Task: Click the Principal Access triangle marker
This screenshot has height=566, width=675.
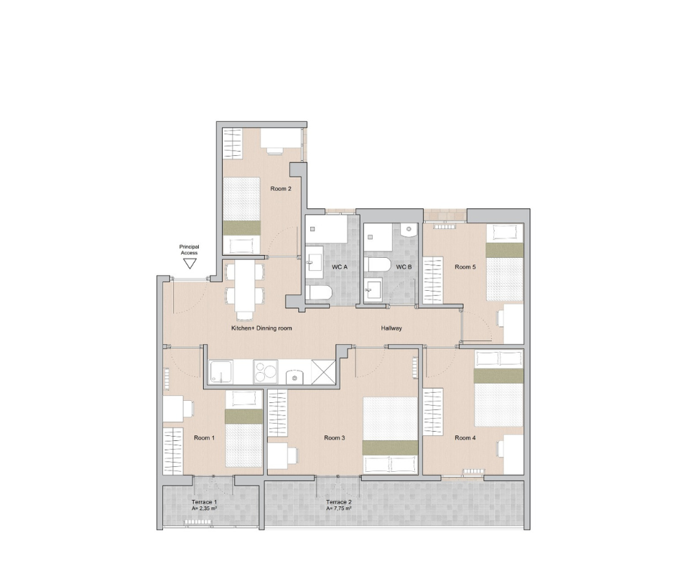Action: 190,263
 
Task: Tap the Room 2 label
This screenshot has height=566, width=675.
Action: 281,189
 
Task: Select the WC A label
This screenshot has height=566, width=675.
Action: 339,267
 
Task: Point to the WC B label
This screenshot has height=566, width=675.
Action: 404,267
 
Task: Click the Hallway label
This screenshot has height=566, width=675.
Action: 391,328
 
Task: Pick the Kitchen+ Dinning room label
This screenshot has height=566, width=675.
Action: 261,328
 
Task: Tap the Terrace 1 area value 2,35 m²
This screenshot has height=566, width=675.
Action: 204,509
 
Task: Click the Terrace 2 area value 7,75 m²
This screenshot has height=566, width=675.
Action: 339,509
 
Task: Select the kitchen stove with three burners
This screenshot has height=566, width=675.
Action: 266,372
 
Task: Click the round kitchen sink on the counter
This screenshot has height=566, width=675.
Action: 294,378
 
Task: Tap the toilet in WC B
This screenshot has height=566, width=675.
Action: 377,264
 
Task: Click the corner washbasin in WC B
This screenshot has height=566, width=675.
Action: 409,230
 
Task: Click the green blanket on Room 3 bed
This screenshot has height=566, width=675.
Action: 390,447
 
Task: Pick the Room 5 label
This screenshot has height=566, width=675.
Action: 465,267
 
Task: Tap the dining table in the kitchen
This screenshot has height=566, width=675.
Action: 245,287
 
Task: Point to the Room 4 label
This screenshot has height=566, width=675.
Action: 465,438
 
